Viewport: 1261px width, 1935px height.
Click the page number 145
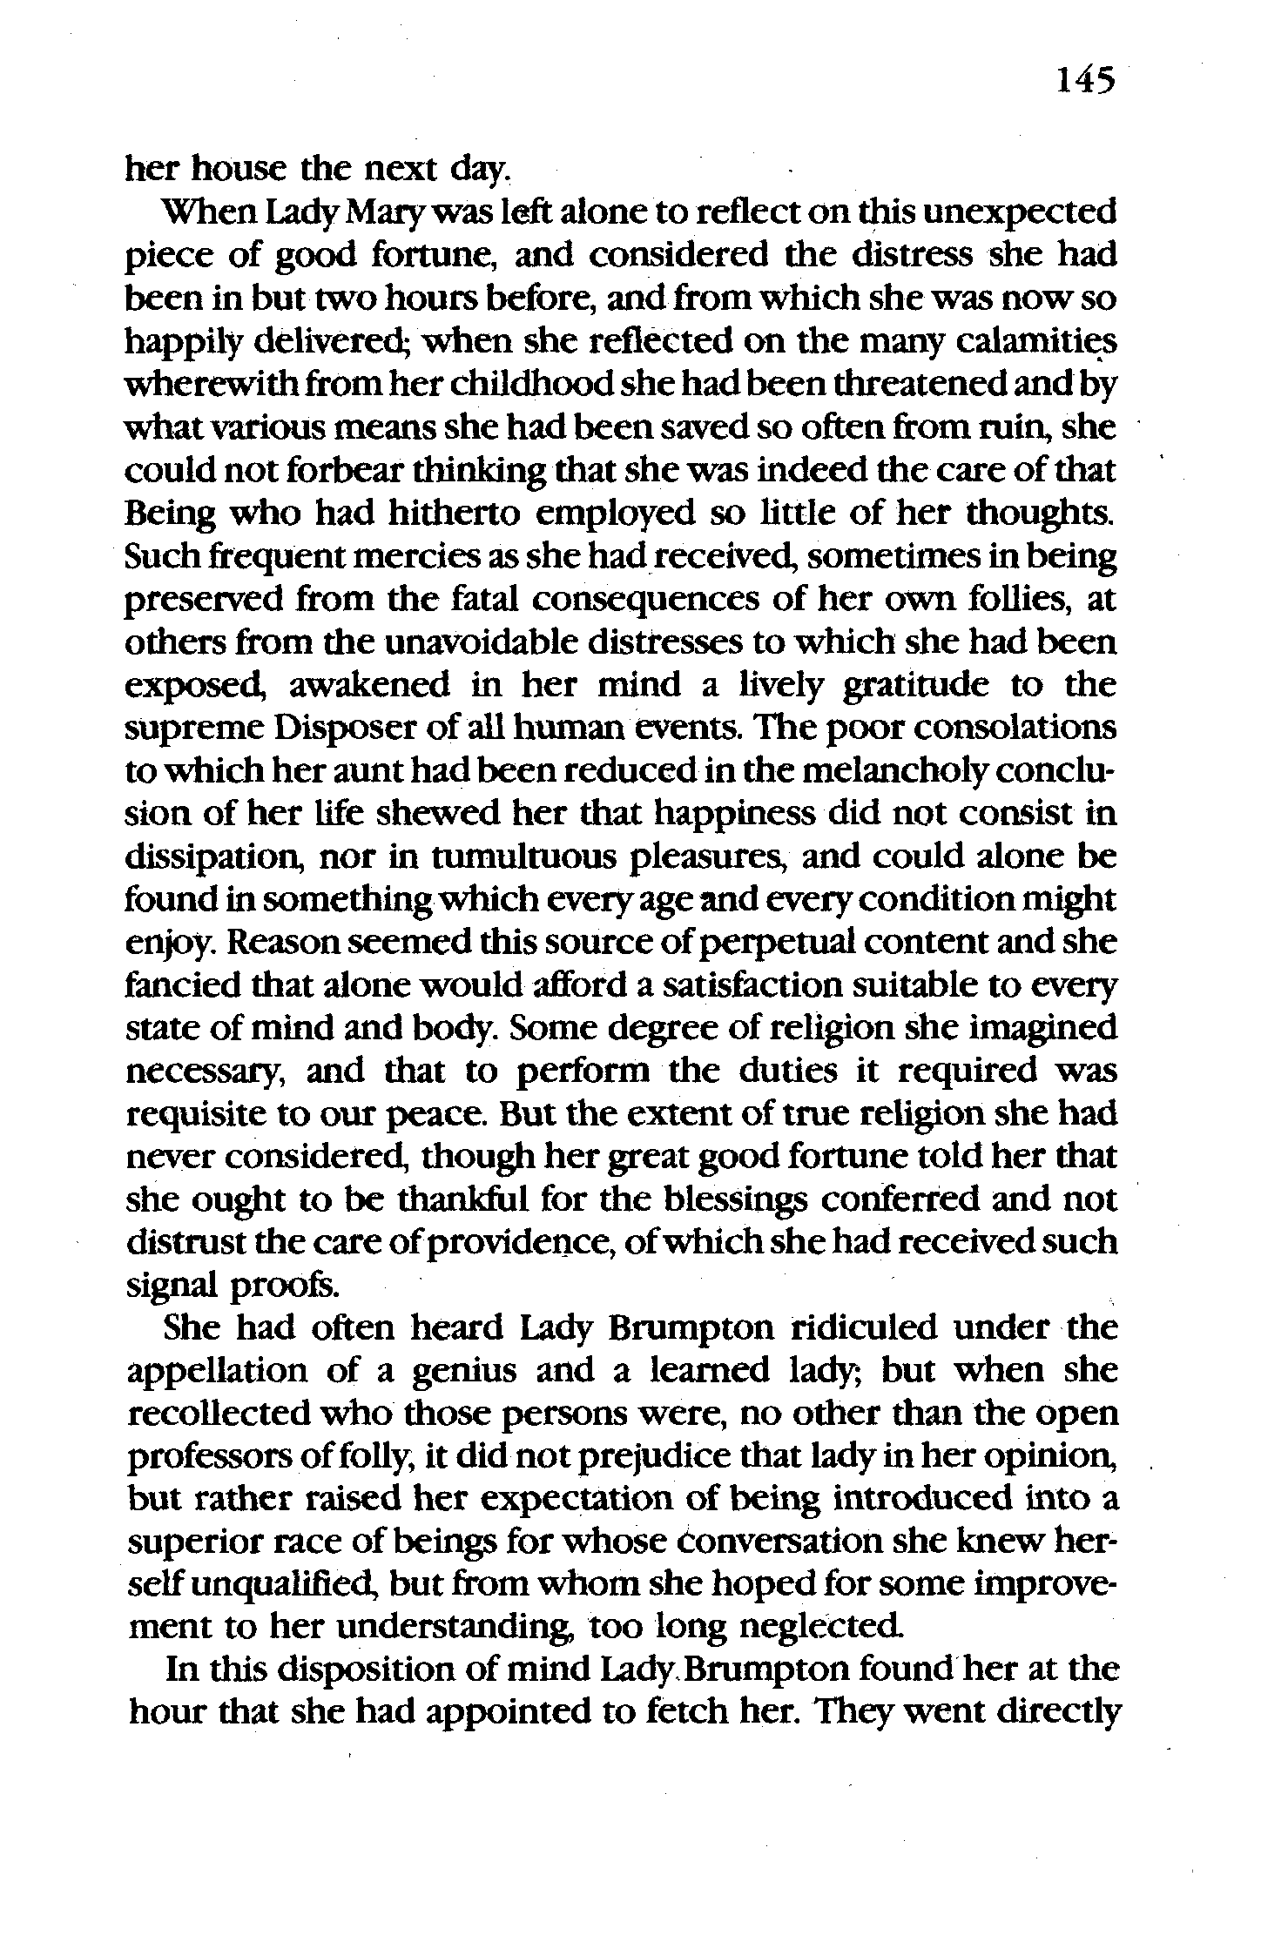(1085, 82)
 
